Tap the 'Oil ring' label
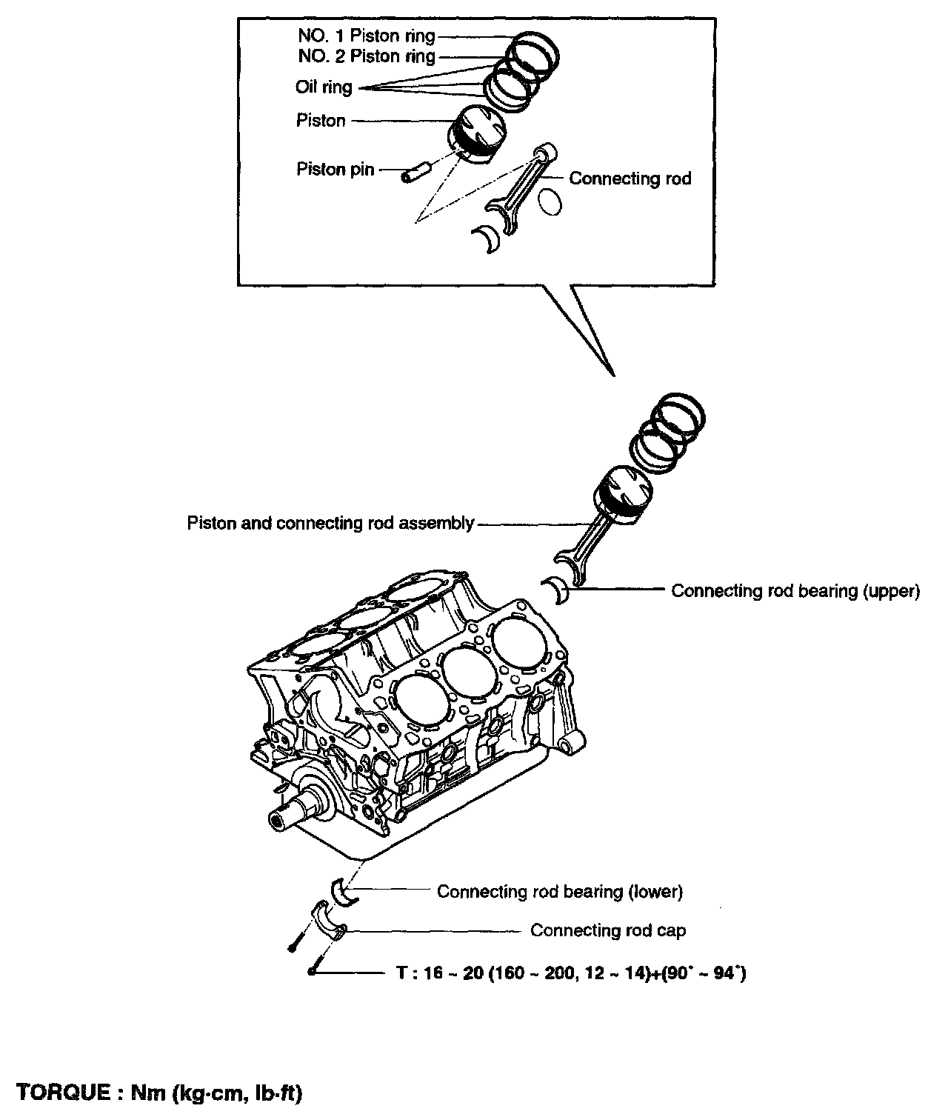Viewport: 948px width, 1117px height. point(324,87)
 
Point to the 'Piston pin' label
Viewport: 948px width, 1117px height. point(331,170)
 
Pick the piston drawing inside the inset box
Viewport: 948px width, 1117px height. point(478,134)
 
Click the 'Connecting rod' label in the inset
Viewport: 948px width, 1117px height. point(630,179)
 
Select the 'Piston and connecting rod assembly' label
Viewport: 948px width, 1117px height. point(330,524)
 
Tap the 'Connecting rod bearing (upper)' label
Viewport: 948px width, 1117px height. point(795,591)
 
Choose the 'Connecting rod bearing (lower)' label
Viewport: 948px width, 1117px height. point(559,891)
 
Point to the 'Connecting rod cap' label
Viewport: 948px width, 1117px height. point(607,930)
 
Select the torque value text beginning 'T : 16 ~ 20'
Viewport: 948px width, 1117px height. point(570,973)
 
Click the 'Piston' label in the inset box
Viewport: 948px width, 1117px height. point(321,121)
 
